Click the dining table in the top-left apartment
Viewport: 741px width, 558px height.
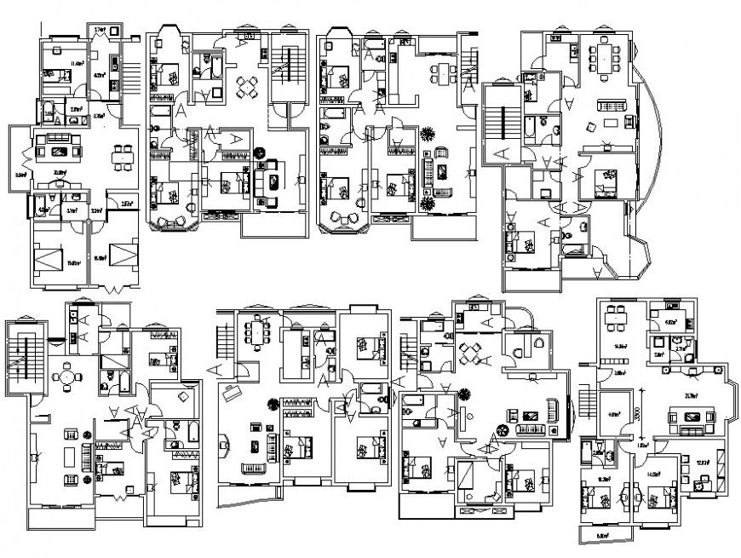point(124,158)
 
